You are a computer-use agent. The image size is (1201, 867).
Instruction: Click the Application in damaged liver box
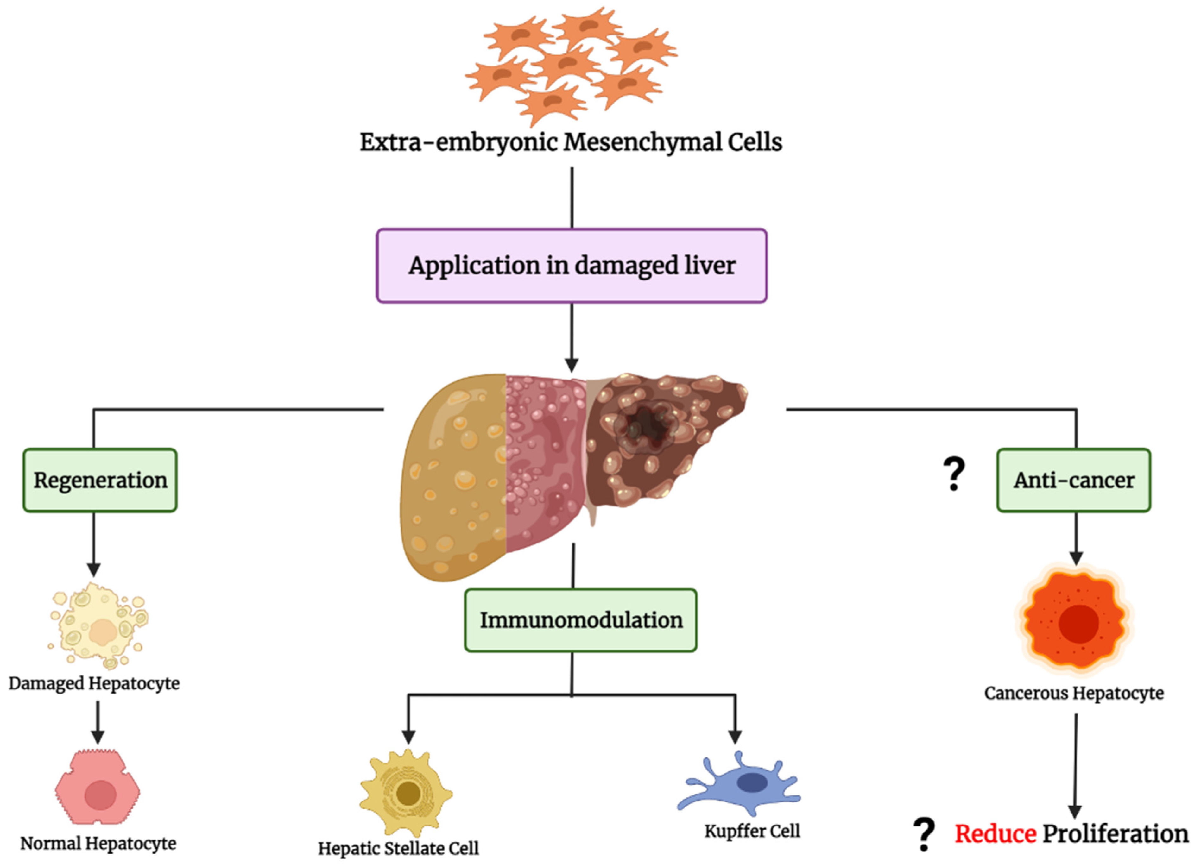pos(572,266)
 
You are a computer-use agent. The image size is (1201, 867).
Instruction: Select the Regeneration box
pos(100,480)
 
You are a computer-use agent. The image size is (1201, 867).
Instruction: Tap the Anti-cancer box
pos(1074,480)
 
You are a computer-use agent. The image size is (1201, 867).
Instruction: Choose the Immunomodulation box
pos(581,620)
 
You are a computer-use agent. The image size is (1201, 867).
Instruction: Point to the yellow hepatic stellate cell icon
pos(407,792)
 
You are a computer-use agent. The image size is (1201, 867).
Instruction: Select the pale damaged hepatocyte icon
pos(99,627)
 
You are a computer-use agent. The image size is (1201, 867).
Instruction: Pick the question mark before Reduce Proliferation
pos(924,834)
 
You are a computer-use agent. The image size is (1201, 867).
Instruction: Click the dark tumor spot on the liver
pos(645,426)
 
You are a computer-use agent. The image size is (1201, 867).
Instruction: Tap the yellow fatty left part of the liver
pos(453,476)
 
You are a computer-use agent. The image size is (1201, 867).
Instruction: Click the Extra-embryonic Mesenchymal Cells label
pos(571,142)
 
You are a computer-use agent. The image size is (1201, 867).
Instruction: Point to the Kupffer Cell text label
pos(752,831)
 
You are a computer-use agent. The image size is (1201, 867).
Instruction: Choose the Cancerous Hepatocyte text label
pos(1074,693)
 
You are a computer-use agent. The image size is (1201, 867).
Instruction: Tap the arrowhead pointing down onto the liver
pos(572,365)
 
